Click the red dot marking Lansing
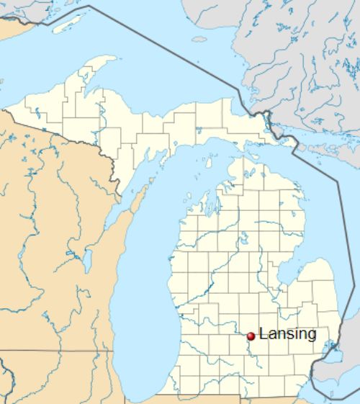pyautogui.click(x=251, y=336)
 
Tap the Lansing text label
pyautogui.click(x=287, y=334)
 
